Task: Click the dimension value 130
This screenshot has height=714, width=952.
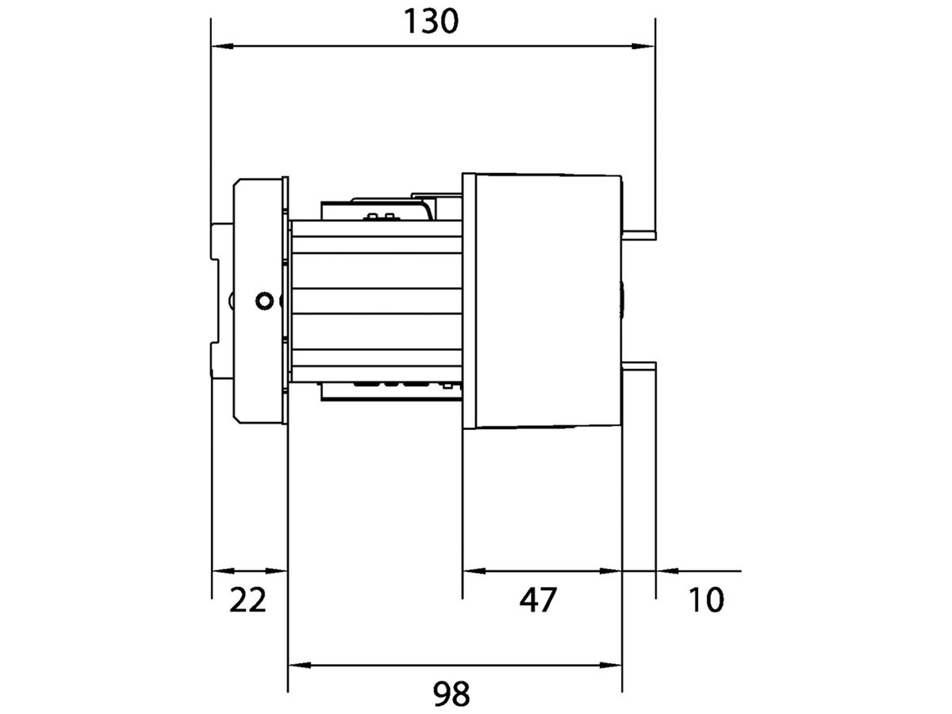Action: click(x=432, y=21)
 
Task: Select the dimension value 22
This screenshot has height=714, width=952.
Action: click(x=248, y=601)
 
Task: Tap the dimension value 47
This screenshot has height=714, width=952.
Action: click(x=539, y=601)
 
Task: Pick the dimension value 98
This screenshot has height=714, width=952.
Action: click(x=451, y=694)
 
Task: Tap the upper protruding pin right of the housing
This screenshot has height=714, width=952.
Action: click(x=639, y=233)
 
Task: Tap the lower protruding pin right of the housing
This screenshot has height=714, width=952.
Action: click(x=639, y=367)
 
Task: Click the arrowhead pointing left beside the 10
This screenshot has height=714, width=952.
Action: click(x=666, y=570)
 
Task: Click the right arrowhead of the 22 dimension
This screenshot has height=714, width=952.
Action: click(x=278, y=570)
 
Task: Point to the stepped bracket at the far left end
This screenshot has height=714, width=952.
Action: click(x=221, y=301)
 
